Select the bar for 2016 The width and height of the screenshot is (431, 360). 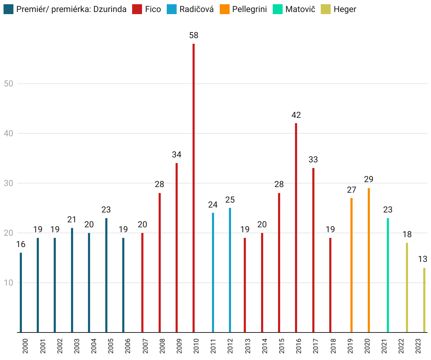click(296, 228)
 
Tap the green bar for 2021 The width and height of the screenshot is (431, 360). click(388, 275)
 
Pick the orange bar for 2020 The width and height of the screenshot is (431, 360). click(369, 260)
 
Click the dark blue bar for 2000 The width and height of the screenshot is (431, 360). click(21, 292)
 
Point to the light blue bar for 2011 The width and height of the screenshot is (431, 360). click(213, 272)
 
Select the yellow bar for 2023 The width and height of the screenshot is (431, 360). click(424, 300)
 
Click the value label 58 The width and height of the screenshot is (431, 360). click(194, 35)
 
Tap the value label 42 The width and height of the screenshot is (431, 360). click(296, 115)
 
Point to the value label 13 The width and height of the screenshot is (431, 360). click(423, 259)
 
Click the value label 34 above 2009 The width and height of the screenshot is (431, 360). click(177, 155)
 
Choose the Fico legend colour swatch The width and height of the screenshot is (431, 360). click(137, 9)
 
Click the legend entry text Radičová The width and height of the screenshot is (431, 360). click(196, 9)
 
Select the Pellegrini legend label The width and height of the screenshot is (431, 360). click(249, 9)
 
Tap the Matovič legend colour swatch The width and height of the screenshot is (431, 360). click(278, 9)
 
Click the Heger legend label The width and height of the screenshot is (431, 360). click(345, 9)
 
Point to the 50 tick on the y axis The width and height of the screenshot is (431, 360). click(9, 84)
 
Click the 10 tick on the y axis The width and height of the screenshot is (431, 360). click(9, 283)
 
